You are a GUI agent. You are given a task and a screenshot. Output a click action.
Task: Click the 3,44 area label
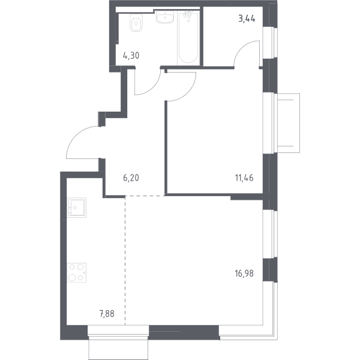point(247,19)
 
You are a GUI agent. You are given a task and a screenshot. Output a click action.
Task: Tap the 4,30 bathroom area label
point(131,56)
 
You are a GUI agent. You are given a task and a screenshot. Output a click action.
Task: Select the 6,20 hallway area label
point(131,178)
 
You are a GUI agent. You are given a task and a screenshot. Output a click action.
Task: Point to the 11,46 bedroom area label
point(244,178)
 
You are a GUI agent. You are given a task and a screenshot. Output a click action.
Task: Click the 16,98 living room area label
point(244,274)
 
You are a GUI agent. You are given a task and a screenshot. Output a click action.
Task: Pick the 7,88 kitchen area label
point(107,314)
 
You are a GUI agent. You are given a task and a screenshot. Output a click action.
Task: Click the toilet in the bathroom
point(136,23)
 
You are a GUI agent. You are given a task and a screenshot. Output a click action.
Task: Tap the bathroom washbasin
point(165,17)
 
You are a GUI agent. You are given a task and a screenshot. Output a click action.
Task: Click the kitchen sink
point(76,208)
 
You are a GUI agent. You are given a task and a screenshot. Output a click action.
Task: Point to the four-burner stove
point(76,273)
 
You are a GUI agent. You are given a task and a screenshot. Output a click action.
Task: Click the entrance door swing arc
point(76,136)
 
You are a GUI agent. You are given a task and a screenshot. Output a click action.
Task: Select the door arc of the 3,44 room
point(241,46)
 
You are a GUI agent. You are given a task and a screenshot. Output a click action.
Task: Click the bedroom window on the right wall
point(270,123)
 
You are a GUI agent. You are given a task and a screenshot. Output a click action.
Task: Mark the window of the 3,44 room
point(270,43)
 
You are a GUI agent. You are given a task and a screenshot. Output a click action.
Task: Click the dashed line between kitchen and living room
point(125,260)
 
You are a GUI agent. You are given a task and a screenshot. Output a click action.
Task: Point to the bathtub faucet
point(188,15)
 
